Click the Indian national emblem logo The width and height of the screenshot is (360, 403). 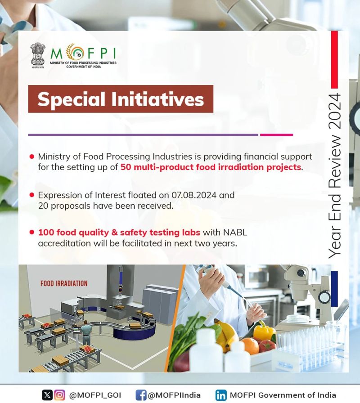coord(37,55)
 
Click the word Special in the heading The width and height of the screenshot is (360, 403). coord(72,99)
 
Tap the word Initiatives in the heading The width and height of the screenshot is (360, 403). coord(157,99)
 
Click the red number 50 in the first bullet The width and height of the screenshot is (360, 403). coord(126,167)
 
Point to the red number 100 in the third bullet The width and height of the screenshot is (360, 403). coord(46,233)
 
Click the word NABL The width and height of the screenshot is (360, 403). coord(235,233)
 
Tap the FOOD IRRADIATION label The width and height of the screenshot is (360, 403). coord(64,283)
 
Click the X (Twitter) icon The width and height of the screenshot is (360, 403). coord(47,395)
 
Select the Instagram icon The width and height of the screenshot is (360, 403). coord(60,395)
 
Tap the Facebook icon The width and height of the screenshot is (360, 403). coord(141,395)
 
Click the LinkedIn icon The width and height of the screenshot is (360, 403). coord(221,395)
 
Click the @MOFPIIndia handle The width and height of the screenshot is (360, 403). coord(174,395)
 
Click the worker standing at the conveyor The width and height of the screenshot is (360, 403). coord(87,333)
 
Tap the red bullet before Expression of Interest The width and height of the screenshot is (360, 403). coord(32,195)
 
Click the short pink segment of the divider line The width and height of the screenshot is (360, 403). coord(276,134)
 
